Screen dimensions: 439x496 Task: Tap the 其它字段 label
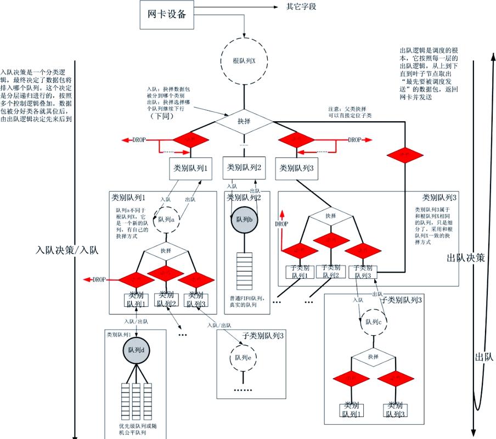click(x=301, y=7)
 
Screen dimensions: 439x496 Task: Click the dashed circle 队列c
click(x=373, y=322)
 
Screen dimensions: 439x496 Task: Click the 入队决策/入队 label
click(x=66, y=250)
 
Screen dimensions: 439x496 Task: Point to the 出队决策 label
click(x=466, y=258)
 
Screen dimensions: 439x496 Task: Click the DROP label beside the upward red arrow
click(x=281, y=224)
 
